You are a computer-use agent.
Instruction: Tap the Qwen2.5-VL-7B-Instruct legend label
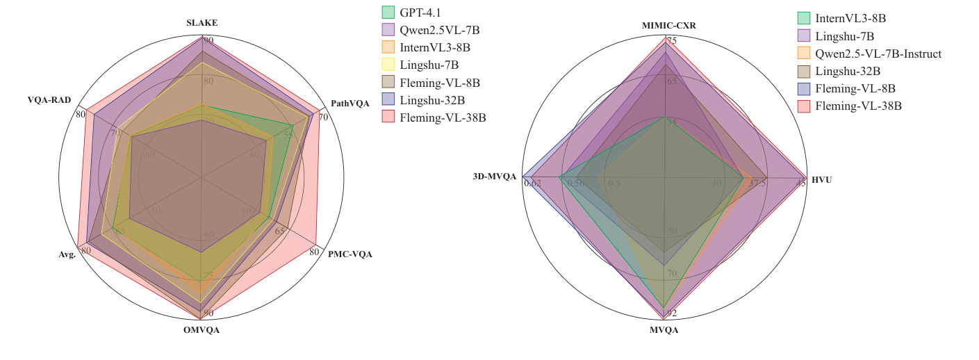pos(878,54)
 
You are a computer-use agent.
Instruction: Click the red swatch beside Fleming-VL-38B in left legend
pos(388,117)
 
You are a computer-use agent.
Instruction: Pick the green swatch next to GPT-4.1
pos(388,12)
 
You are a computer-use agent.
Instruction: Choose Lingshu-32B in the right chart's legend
pos(848,71)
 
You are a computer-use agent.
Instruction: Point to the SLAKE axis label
pos(201,23)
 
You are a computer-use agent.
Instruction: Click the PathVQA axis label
pos(350,104)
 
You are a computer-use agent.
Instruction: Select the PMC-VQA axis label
pos(349,254)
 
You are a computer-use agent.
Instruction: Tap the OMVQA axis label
pos(201,330)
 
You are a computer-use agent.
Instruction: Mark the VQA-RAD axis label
pos(49,99)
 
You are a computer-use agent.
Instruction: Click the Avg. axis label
pos(67,254)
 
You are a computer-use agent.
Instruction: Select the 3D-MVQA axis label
pos(495,177)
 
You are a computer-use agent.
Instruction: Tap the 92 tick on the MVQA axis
pos(671,313)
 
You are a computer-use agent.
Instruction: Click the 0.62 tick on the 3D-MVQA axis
pos(534,183)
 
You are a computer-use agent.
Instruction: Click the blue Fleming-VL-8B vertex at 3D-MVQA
pos(523,177)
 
